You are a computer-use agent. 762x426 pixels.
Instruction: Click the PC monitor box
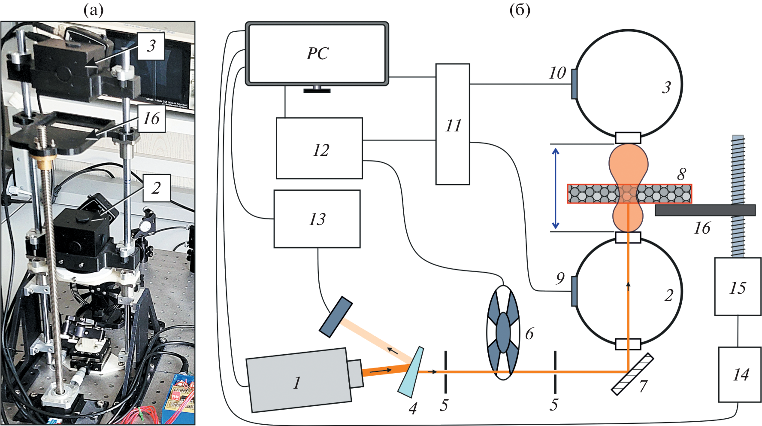coord(317,54)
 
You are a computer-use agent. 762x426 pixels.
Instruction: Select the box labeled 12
coord(319,148)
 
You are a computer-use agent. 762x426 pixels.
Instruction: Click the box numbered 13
coord(317,219)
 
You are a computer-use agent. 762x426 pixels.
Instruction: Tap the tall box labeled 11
coord(453,124)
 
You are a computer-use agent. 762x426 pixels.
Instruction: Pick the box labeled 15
coord(738,286)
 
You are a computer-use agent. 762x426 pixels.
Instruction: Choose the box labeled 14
coord(740,374)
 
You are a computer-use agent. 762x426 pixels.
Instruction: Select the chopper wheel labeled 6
coord(503,333)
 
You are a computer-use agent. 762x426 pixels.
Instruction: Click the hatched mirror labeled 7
coord(632,374)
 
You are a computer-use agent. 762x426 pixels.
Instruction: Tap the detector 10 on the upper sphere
coord(574,84)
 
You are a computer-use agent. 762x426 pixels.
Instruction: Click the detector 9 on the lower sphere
coord(574,291)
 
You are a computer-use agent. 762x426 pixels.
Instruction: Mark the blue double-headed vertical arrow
coord(556,188)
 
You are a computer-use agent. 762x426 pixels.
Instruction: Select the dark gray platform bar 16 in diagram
coord(705,210)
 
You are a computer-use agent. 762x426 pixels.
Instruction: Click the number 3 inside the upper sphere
coord(666,88)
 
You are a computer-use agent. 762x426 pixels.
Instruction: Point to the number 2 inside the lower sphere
coord(668,295)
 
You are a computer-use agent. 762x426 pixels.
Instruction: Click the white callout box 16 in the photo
coord(151,119)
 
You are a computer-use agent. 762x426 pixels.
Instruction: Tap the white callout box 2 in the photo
coord(156,188)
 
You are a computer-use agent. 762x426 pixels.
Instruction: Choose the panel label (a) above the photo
coord(94,10)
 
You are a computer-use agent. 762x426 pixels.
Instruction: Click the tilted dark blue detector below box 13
coord(336,316)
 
